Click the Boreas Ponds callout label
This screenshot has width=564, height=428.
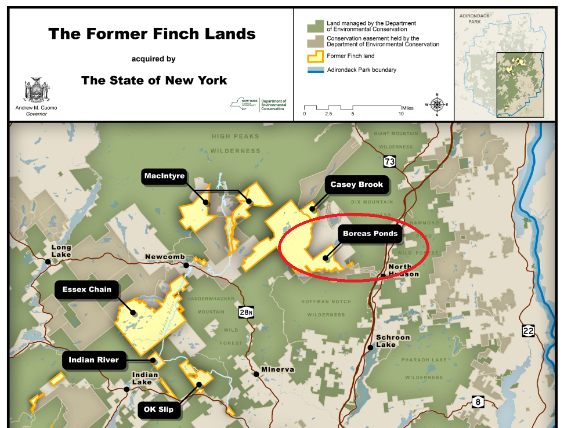coord(370,234)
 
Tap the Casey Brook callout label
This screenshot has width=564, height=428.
coord(357,185)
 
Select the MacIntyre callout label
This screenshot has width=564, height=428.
coord(164,176)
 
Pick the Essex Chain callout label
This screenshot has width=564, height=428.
coord(88,289)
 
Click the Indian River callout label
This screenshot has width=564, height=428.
coord(93,360)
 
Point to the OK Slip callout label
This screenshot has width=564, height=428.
coord(159,409)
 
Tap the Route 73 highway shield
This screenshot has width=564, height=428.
coord(389,161)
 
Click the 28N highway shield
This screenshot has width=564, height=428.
coord(246,313)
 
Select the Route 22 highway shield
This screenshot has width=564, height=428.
coord(528,331)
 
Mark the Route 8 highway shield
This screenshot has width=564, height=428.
coord(478,401)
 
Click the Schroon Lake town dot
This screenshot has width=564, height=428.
coord(370,348)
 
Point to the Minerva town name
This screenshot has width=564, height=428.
coord(277,369)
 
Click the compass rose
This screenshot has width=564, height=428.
coord(437,104)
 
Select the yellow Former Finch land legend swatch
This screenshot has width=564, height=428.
coord(315,57)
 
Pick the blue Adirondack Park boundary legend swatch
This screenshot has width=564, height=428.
coord(315,70)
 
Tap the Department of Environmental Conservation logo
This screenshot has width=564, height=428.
coord(258,104)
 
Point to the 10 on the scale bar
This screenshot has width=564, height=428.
coord(401,114)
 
